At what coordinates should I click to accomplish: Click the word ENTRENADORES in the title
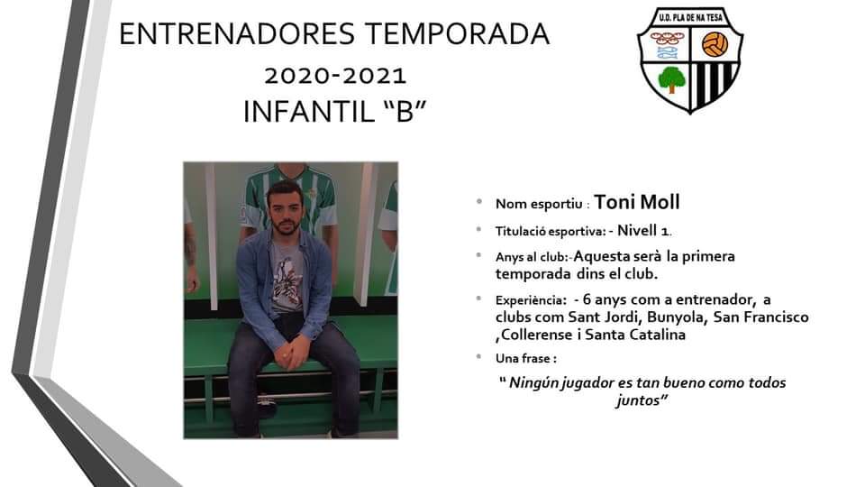click(x=237, y=34)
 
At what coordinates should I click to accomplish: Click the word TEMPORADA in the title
click(x=457, y=34)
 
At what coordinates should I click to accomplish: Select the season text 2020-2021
click(x=335, y=76)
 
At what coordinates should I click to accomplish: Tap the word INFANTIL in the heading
click(x=309, y=112)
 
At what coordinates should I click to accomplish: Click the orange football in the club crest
click(x=715, y=44)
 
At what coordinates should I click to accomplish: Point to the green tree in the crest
click(x=670, y=79)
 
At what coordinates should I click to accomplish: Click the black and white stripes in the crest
click(x=712, y=84)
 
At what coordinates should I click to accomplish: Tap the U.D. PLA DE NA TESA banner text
click(x=690, y=18)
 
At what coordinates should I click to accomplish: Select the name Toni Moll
click(x=637, y=202)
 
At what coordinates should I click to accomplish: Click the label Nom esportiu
click(x=539, y=205)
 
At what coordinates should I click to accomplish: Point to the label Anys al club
click(x=532, y=257)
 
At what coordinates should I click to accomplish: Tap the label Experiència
click(x=530, y=301)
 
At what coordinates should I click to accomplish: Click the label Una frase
click(x=524, y=358)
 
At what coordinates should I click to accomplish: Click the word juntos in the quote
click(x=638, y=400)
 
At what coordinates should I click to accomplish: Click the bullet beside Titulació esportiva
click(x=479, y=229)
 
